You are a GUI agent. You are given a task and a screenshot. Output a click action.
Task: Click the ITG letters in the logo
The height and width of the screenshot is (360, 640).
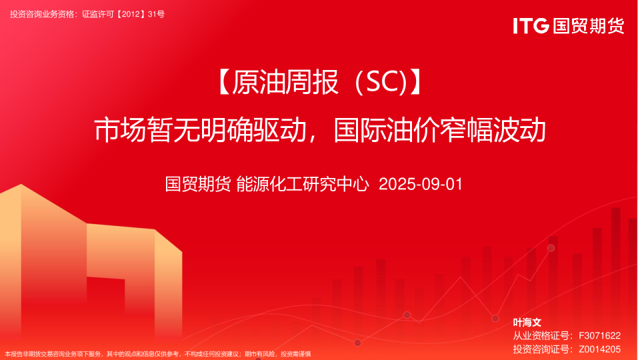pos(531,26)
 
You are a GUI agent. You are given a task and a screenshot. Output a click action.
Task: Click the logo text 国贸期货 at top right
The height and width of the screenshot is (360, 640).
pos(588,26)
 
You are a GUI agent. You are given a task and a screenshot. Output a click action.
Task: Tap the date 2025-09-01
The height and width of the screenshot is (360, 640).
pos(420,184)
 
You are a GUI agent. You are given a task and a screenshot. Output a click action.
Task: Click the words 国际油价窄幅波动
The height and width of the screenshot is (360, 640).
pos(440,130)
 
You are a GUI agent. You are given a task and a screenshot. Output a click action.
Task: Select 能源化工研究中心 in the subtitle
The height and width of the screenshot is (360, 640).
pos(303,184)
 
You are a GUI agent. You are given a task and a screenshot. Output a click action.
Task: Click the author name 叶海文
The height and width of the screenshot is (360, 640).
pos(527,322)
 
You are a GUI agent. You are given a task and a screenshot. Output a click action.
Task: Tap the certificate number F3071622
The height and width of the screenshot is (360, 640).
pos(600,335)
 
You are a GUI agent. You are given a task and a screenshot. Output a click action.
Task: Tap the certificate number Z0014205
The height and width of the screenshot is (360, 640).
pos(600,349)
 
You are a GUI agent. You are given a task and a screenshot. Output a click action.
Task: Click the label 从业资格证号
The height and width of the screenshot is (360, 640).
pos(540,335)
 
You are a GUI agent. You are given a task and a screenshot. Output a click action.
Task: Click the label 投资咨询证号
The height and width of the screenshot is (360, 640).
pos(540,349)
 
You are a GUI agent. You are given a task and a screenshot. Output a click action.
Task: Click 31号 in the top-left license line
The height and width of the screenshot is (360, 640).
pos(156,13)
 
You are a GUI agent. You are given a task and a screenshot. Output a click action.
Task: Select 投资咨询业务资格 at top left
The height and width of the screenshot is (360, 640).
pos(41,13)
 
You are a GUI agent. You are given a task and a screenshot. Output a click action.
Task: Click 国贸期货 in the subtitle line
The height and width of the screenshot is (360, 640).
pos(198,184)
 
